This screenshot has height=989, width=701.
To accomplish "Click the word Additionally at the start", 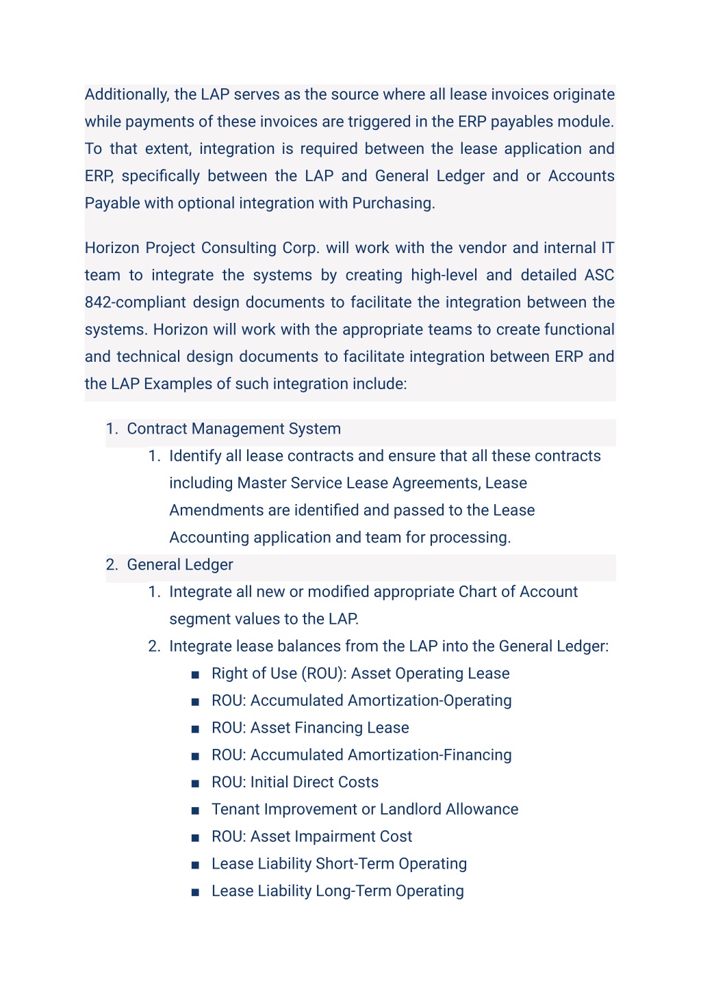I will pyautogui.click(x=127, y=94).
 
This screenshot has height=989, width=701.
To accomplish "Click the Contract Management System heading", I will pyautogui.click(x=233, y=429).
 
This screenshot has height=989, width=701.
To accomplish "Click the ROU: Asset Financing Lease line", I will pyautogui.click(x=310, y=728).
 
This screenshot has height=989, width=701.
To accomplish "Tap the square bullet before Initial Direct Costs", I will pyautogui.click(x=195, y=782).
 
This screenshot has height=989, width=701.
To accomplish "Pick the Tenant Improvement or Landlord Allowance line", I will pyautogui.click(x=365, y=809).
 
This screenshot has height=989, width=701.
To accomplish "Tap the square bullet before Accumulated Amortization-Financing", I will pyautogui.click(x=195, y=756).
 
